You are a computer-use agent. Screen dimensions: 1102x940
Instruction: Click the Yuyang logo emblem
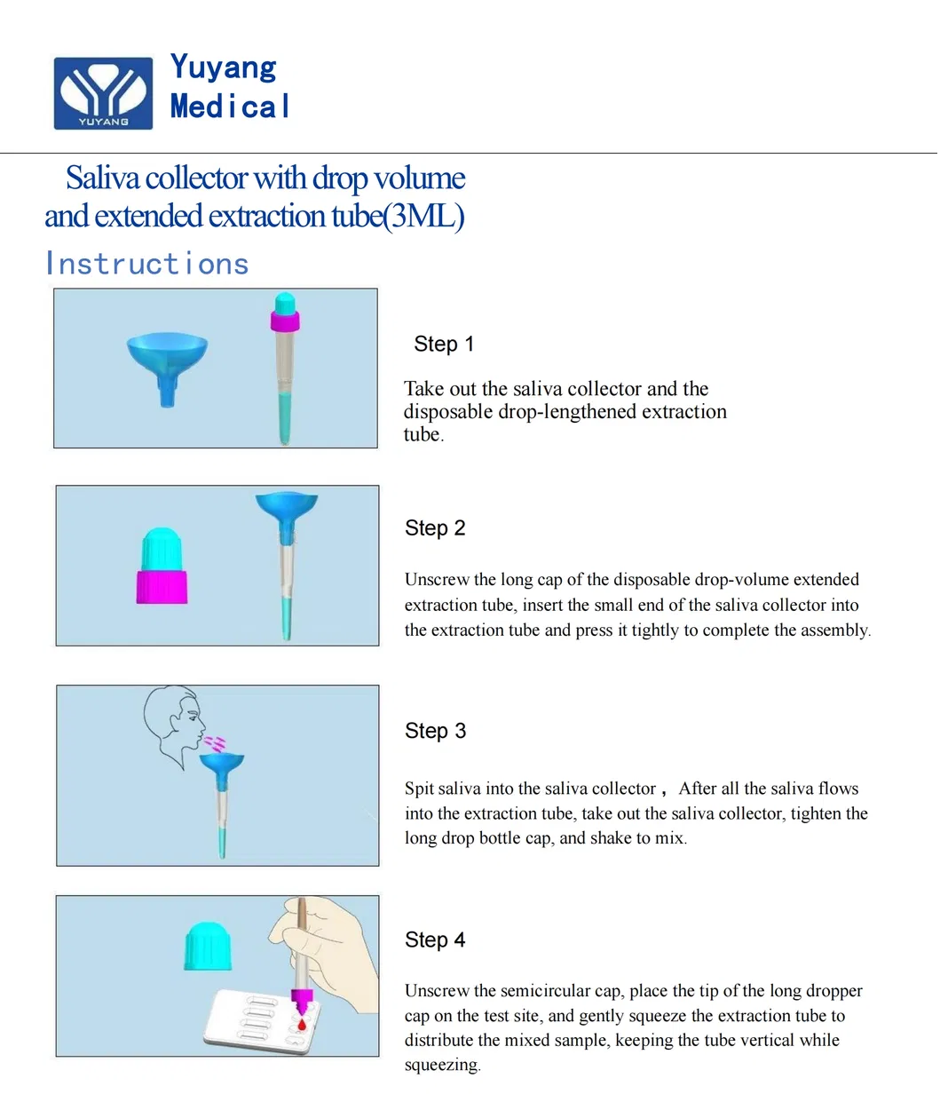point(103,92)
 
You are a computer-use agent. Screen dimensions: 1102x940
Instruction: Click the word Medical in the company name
point(230,107)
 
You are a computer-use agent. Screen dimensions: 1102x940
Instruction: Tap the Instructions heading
point(147,264)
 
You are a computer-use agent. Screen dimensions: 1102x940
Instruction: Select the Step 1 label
point(444,344)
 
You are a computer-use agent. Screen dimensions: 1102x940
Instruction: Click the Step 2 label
point(435,527)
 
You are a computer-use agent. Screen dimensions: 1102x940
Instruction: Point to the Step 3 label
point(435,731)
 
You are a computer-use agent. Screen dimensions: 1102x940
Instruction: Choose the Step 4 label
point(435,939)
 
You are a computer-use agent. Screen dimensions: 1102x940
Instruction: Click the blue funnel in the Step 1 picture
point(167,360)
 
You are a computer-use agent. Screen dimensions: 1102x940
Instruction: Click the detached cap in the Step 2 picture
point(162,568)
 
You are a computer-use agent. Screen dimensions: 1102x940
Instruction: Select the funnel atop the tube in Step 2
point(286,511)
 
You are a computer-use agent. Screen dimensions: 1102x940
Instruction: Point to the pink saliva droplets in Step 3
point(215,742)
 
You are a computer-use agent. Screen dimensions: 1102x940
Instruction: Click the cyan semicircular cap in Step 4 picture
point(209,946)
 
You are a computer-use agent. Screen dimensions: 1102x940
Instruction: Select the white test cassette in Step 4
point(257,1021)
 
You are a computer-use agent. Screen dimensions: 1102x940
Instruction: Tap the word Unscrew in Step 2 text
point(437,580)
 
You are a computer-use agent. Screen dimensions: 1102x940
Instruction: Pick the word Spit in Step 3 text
point(419,789)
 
